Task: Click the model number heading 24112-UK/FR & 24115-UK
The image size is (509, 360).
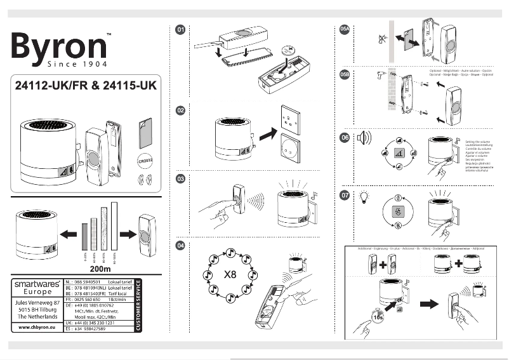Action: (x=85, y=84)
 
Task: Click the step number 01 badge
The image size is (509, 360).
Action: (x=181, y=30)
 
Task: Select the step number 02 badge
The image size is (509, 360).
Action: (x=181, y=110)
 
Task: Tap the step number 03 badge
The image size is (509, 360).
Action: (x=181, y=180)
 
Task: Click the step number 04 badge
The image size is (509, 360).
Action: (x=181, y=245)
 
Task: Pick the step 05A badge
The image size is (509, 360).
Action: (x=345, y=30)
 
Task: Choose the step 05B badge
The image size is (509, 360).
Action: (x=345, y=74)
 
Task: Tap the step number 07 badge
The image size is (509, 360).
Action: (x=345, y=195)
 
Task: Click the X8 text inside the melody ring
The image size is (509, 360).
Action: (x=230, y=276)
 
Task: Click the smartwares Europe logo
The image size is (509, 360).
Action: (x=37, y=288)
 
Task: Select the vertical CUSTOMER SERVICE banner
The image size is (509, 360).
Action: (x=139, y=305)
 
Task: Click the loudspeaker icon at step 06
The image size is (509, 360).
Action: (x=364, y=138)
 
